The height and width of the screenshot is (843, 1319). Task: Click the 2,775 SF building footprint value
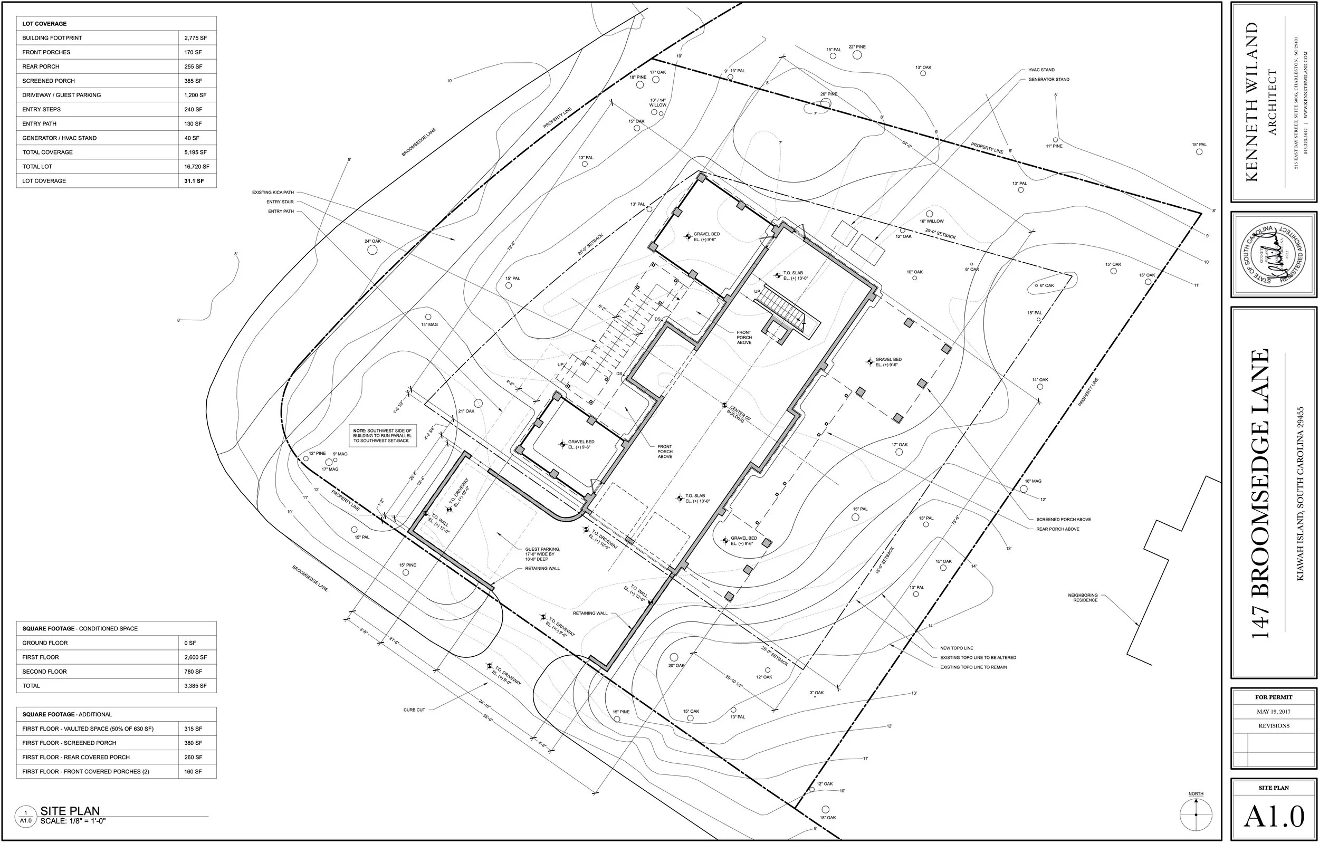tap(193, 39)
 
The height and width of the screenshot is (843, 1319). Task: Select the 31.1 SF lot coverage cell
tap(194, 181)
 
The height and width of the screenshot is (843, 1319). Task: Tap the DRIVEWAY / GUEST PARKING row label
tap(61, 95)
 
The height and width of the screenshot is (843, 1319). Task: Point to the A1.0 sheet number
tap(1274, 817)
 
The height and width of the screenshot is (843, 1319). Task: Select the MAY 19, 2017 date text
tap(1274, 712)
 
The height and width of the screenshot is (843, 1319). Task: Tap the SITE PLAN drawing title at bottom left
tap(70, 811)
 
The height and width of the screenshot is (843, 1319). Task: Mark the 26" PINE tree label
tap(829, 94)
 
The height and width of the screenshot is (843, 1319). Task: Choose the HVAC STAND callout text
tap(1041, 70)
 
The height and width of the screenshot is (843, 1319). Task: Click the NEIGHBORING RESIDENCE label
tap(1082, 598)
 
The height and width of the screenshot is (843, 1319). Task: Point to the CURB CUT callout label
tap(414, 710)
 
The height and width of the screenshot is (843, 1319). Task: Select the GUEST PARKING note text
tap(542, 554)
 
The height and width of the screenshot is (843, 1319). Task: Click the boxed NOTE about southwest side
tap(383, 435)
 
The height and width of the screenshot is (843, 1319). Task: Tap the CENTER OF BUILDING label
tap(739, 414)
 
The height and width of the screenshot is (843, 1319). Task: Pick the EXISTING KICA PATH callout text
tap(273, 193)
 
